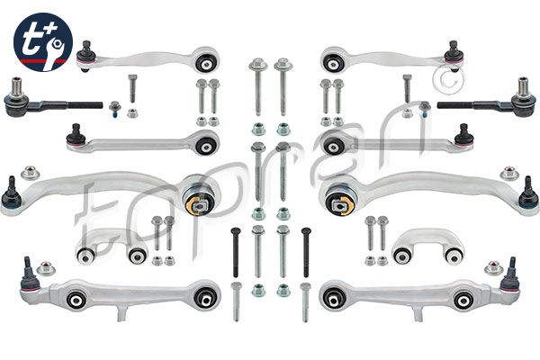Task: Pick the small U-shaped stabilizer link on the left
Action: (x=112, y=247)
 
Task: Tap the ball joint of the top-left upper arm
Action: (x=85, y=57)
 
